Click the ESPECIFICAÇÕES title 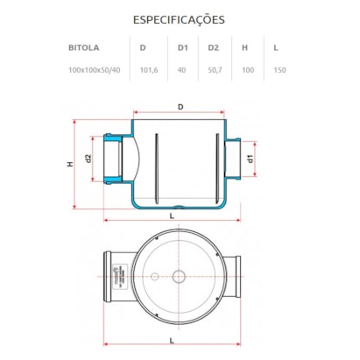(x=180, y=18)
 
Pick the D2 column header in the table (x=212, y=50)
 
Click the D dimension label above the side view (x=180, y=107)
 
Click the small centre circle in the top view (x=180, y=275)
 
